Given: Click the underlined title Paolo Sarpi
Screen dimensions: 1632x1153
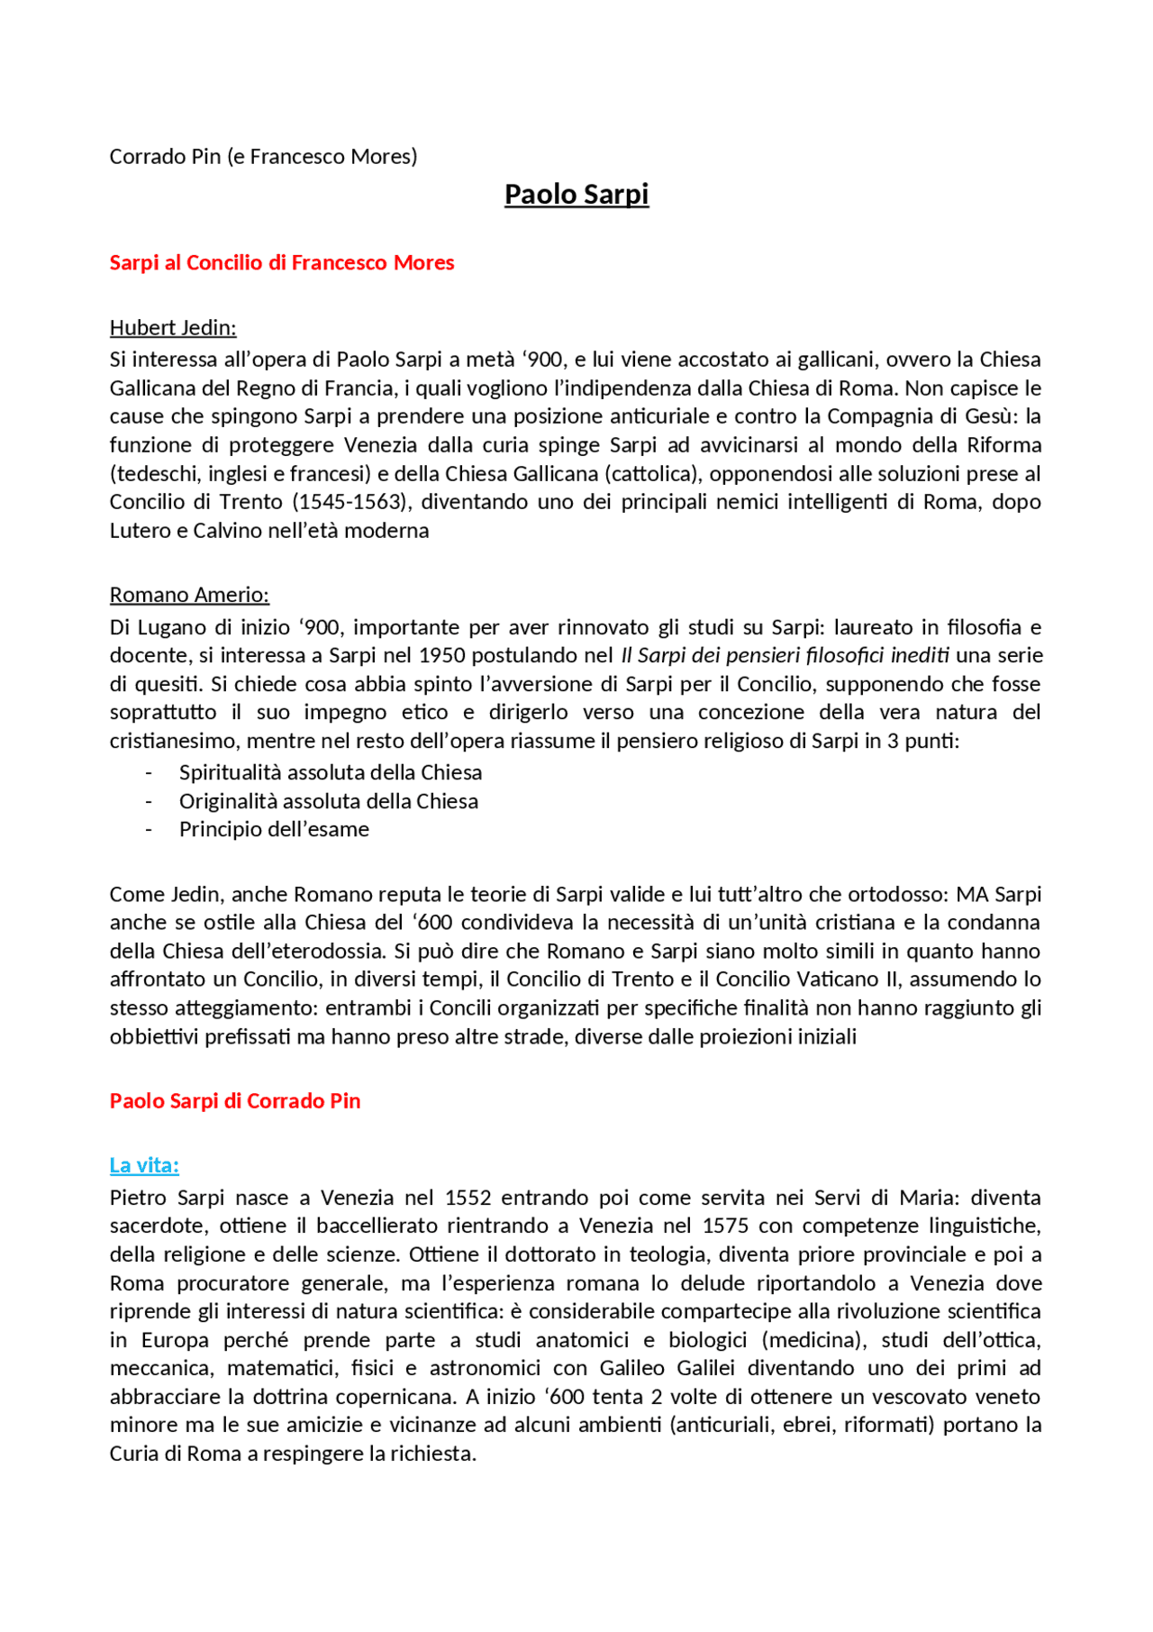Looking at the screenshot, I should (x=576, y=195).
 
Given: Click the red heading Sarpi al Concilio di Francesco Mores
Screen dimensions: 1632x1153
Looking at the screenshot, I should (x=282, y=263).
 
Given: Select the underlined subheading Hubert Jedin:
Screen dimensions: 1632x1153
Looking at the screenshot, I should (x=173, y=328).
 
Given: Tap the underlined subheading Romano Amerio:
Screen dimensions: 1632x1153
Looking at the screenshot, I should (x=189, y=596).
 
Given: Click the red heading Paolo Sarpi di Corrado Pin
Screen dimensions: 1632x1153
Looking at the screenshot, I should (x=235, y=1101).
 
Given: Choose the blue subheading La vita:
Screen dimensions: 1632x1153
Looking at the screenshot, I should (x=144, y=1166).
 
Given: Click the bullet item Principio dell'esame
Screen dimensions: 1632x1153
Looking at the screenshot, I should (x=274, y=830).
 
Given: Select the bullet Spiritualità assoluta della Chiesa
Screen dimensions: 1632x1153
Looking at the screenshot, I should (x=331, y=773).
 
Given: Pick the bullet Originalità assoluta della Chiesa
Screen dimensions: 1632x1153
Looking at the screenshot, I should (x=329, y=802).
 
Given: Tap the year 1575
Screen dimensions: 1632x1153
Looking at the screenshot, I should (x=725, y=1226).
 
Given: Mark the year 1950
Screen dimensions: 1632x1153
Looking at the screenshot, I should (x=442, y=656).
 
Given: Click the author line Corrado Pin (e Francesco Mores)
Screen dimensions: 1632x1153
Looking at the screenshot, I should (x=263, y=157).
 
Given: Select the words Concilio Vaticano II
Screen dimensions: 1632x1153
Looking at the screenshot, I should (x=813, y=980).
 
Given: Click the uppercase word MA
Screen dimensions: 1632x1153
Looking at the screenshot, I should (x=972, y=895).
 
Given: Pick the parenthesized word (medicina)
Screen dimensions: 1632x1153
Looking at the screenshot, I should (x=813, y=1341).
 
